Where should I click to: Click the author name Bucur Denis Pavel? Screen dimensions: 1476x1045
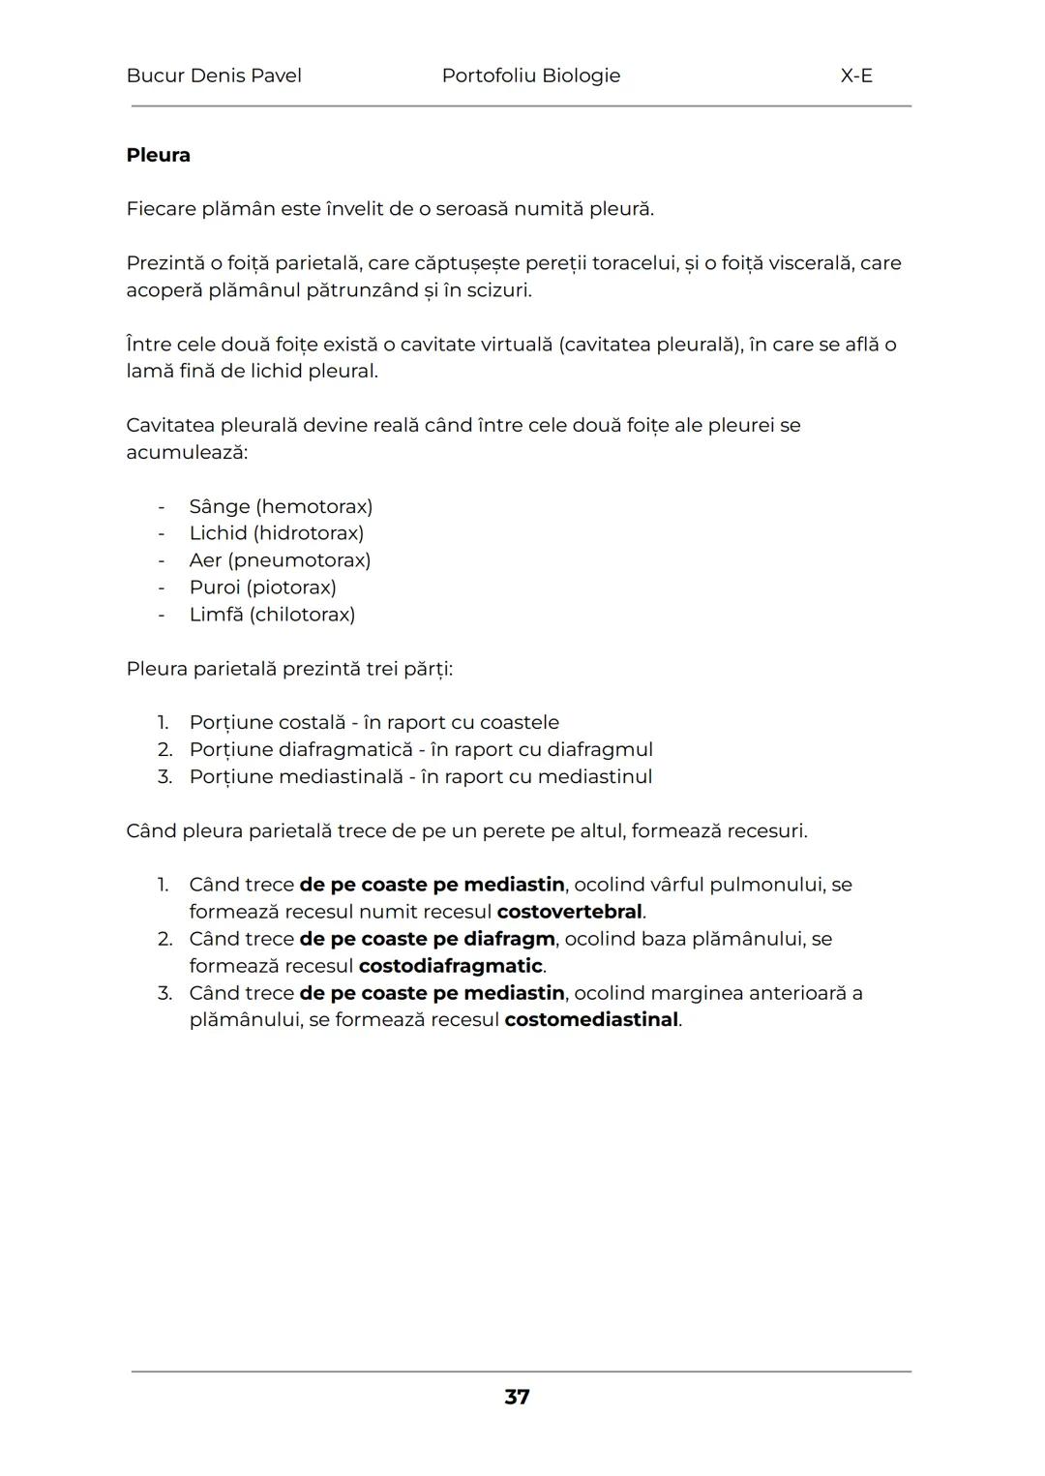[x=213, y=75]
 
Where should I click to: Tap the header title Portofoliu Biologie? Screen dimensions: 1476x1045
[x=530, y=75]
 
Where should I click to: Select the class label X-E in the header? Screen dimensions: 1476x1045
[x=856, y=75]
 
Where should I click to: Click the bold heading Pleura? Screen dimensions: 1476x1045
[x=158, y=155]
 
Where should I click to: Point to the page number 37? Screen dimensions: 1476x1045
[x=517, y=1397]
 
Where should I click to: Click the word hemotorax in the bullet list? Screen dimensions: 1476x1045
[x=315, y=506]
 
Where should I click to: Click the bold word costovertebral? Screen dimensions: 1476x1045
[x=569, y=912]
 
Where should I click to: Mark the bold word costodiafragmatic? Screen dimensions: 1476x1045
[x=450, y=966]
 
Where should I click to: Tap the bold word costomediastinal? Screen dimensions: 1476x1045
[x=591, y=1020]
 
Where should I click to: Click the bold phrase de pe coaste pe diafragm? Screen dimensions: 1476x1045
[x=427, y=939]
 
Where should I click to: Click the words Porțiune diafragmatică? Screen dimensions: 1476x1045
[x=301, y=750]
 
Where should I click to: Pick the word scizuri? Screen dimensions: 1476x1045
[x=497, y=290]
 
